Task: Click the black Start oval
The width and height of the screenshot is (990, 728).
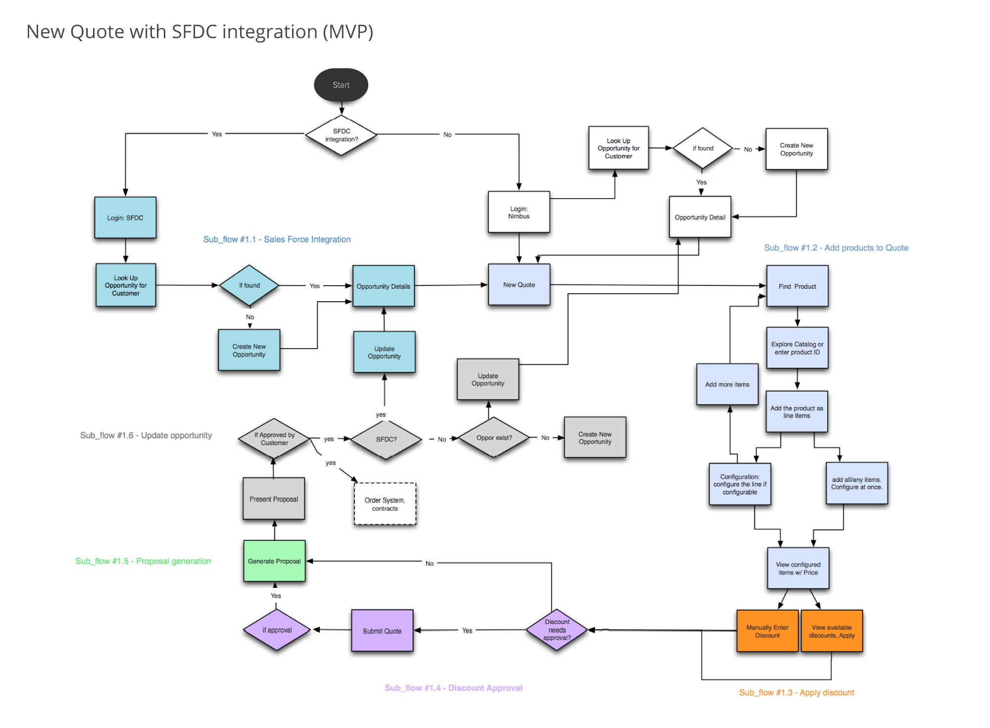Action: click(x=341, y=85)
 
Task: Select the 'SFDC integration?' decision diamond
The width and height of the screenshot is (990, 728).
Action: click(x=341, y=135)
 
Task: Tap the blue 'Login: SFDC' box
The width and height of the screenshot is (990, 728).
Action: click(x=125, y=218)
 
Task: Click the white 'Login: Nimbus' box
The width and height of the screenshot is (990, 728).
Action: click(x=519, y=212)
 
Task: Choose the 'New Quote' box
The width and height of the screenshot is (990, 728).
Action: click(x=519, y=285)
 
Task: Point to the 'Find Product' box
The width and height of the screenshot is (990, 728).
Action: click(x=797, y=286)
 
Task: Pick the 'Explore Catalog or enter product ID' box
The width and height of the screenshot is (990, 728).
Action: click(x=797, y=348)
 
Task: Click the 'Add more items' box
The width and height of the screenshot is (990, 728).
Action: click(x=727, y=384)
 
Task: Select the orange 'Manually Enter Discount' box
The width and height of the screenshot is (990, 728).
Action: click(x=767, y=631)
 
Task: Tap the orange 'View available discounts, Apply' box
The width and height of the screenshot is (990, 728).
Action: click(x=832, y=631)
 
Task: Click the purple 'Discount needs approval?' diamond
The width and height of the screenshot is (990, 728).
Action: click(x=557, y=630)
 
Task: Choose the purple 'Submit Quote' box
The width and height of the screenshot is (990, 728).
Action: click(x=382, y=631)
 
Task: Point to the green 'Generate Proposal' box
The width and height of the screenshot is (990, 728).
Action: click(x=274, y=561)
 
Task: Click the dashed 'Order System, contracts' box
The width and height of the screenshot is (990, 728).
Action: click(x=385, y=504)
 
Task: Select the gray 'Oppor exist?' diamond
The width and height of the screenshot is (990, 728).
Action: click(x=494, y=438)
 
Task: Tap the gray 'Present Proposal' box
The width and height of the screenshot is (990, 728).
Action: click(x=274, y=499)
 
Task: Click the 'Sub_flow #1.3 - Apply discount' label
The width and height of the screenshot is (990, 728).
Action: click(x=796, y=692)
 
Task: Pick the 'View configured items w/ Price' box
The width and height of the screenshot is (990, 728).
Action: click(x=798, y=569)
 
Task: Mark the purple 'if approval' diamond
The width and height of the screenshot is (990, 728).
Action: click(x=277, y=630)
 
